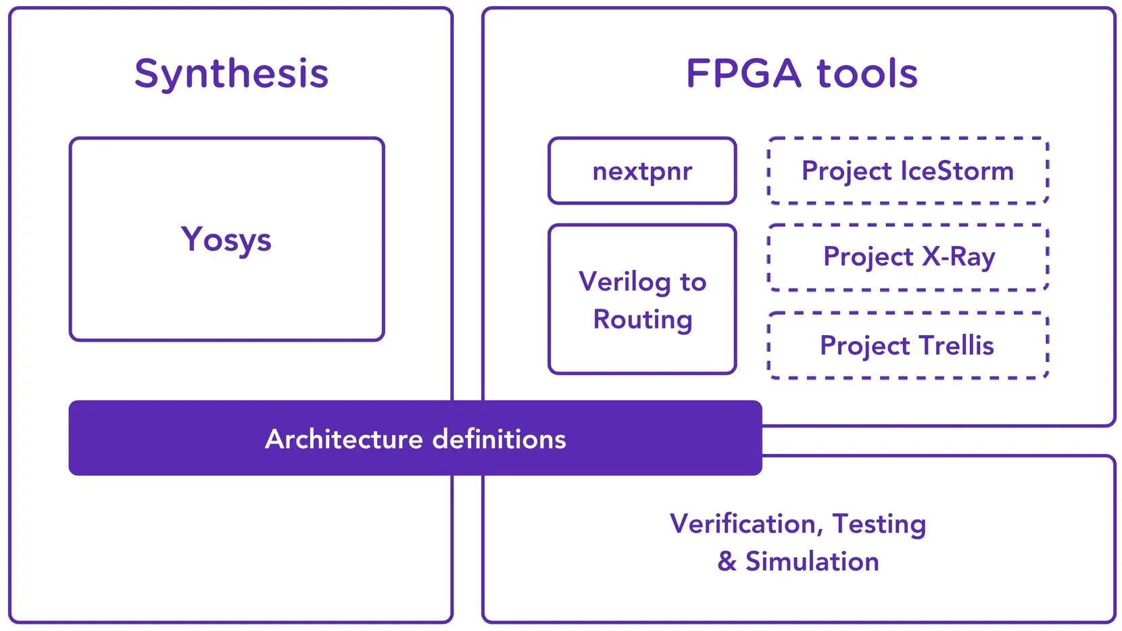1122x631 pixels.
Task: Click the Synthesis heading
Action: pos(231,73)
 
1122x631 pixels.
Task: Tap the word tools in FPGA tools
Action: pos(867,73)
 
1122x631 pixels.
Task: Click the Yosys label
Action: pos(226,240)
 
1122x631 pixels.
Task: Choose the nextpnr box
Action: pos(642,171)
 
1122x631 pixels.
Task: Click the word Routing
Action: pos(642,320)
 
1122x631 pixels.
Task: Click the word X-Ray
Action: pos(958,257)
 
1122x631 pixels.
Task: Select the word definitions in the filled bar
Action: pos(499,439)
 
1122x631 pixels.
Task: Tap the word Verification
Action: pos(743,524)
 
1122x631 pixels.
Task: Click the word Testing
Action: pos(879,524)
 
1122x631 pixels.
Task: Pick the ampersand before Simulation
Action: pos(727,561)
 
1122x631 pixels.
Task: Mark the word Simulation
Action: pos(812,561)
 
